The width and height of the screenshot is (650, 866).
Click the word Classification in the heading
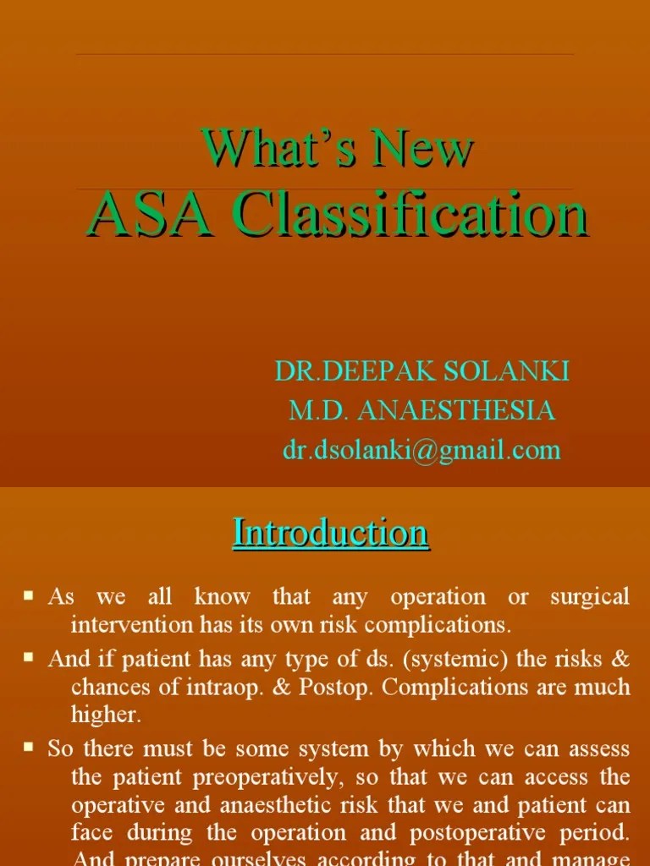410,215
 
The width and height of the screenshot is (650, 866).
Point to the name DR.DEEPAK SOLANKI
421,370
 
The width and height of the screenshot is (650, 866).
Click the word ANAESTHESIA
456,410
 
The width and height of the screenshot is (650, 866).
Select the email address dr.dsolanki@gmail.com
421,450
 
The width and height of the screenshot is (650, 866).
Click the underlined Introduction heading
331,533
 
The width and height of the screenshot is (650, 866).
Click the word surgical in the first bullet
590,597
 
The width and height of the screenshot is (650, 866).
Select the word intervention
124,626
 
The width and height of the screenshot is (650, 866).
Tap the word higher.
106,715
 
